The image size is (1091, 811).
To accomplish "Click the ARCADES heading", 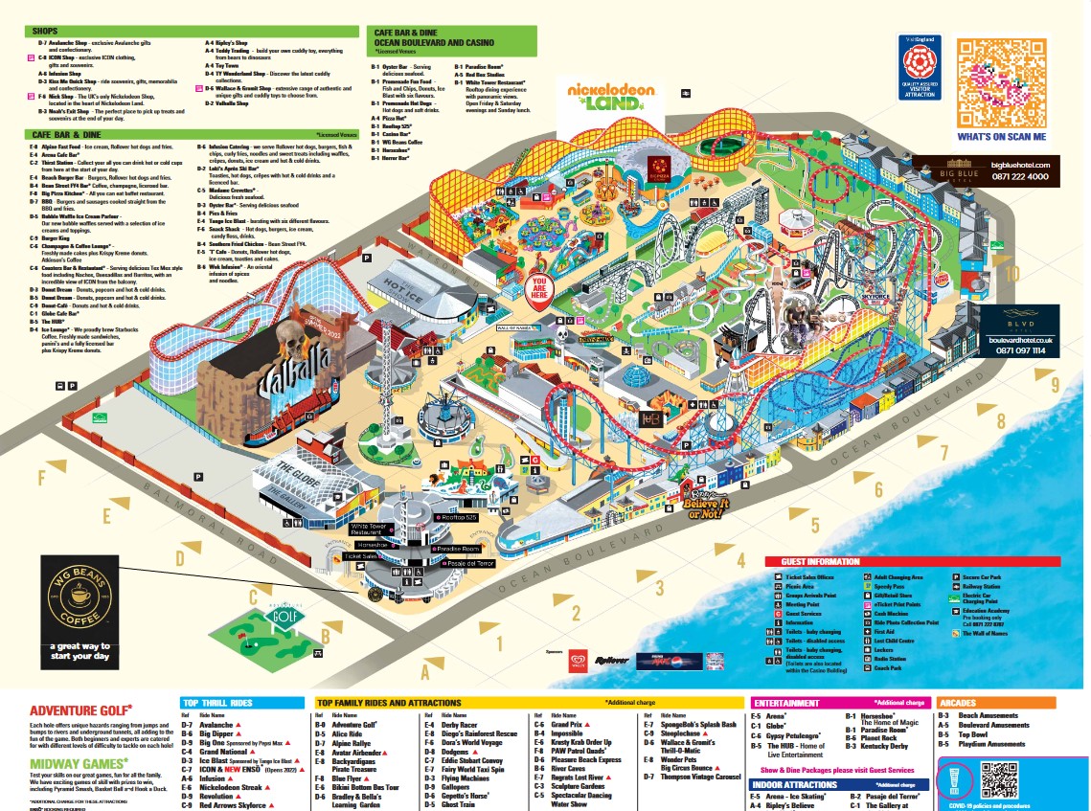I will click(961, 703).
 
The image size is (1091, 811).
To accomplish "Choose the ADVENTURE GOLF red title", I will click(80, 710).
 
